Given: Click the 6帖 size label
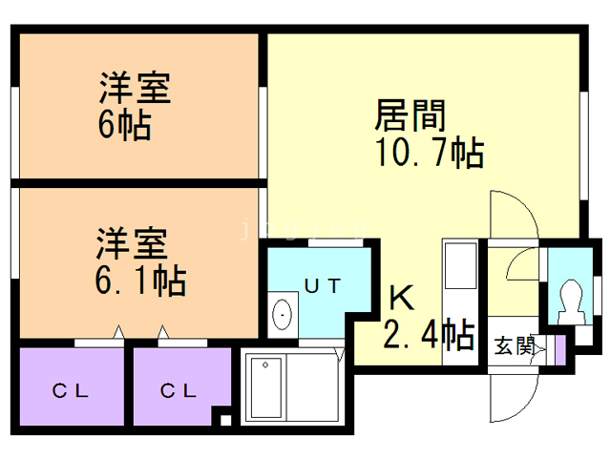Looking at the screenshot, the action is (x=124, y=125).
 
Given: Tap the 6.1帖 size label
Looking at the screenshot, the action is (x=140, y=280).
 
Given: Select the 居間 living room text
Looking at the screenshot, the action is (x=410, y=115).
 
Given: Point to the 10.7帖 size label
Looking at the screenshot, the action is (x=430, y=152).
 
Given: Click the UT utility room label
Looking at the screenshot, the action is (x=323, y=286).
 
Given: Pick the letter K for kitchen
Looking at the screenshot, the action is (x=402, y=297).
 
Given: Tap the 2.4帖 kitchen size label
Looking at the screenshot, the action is (x=429, y=334).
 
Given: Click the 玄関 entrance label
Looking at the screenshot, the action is (x=515, y=345).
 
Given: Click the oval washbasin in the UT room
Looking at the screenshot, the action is (x=283, y=314).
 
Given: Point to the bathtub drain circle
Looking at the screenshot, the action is (x=265, y=364).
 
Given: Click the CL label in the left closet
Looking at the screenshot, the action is (x=71, y=390).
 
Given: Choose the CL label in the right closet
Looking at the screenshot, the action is (x=179, y=390).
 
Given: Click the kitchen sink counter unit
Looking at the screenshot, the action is (x=460, y=302).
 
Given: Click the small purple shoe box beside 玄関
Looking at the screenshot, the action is (x=560, y=350).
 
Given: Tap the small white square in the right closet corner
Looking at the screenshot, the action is (x=225, y=421).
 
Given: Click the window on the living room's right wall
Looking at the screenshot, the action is (x=583, y=146).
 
